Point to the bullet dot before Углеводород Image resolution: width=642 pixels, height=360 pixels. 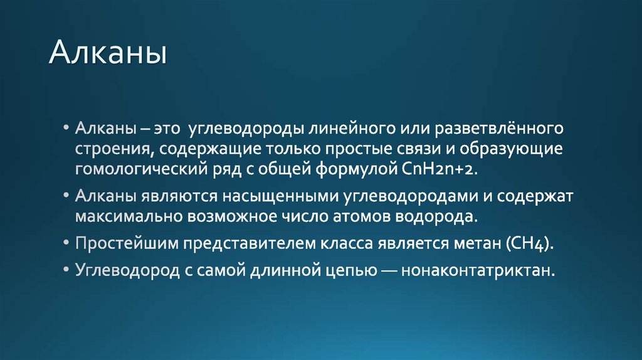click(x=67, y=271)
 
